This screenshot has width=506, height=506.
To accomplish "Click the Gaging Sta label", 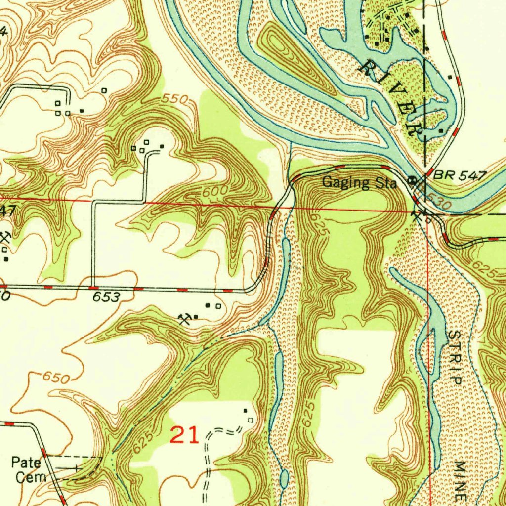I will click(x=359, y=183).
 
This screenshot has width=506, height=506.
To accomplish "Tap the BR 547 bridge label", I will click(x=460, y=175).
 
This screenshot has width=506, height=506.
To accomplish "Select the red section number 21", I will click(x=184, y=435).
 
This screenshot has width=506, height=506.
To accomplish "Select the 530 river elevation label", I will click(x=439, y=202).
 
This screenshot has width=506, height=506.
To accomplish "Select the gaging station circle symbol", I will click(x=410, y=179).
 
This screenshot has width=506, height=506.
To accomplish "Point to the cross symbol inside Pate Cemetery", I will click(x=76, y=466).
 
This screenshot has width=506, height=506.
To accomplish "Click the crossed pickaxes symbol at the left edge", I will click(x=5, y=237).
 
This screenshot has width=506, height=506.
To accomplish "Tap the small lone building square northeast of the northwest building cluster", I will click(x=104, y=90).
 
